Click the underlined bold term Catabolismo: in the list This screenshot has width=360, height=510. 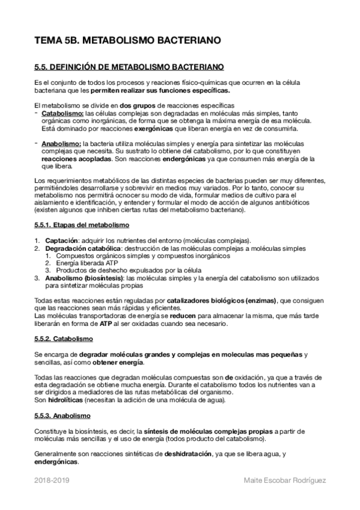click(63, 113)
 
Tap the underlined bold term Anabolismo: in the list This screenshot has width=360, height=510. click(61, 144)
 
